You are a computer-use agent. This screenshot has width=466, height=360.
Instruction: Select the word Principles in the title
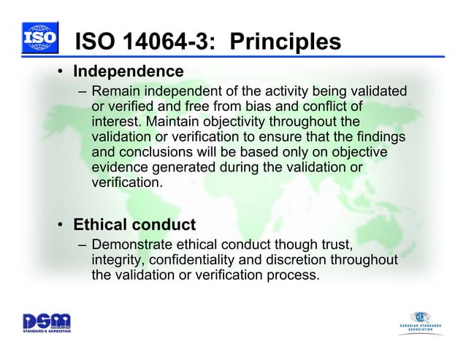click(x=285, y=43)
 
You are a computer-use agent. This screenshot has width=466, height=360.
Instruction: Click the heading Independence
click(x=128, y=72)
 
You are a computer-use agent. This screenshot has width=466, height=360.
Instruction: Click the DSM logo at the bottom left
click(x=45, y=322)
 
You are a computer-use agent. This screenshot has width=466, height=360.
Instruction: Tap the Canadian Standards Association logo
click(x=424, y=321)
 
